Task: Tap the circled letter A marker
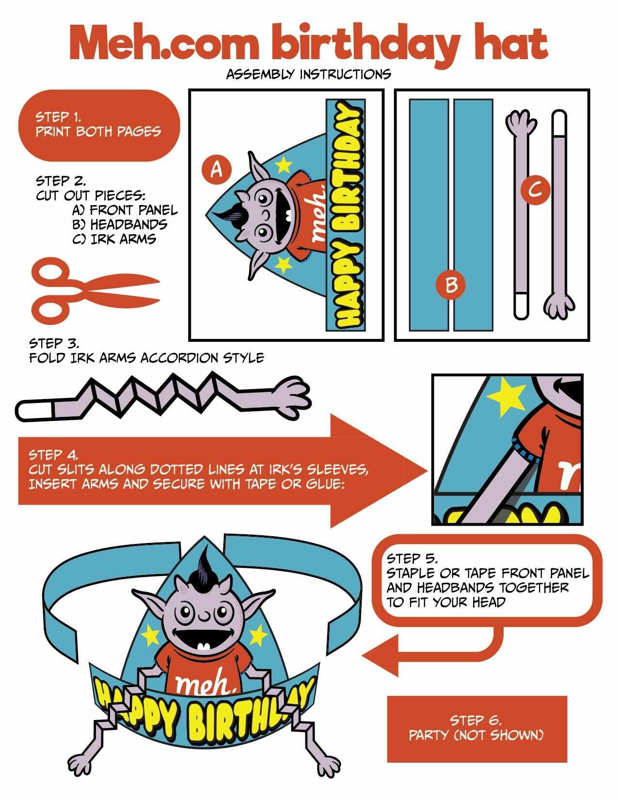217,170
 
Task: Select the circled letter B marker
450,285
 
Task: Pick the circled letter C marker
535,191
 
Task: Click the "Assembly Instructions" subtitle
308,74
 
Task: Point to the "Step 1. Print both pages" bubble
99,125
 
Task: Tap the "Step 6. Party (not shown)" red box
476,729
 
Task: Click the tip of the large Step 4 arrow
428,471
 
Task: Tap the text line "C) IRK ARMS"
114,239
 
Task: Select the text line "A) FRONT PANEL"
125,210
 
